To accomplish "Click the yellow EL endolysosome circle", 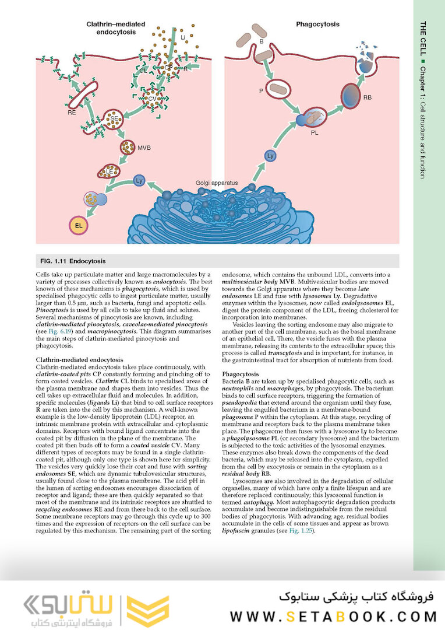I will tap(77, 225).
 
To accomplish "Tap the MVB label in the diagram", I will tap(144, 148).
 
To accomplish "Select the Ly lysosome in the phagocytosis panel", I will tap(270, 156).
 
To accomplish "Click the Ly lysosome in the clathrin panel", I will tap(139, 180).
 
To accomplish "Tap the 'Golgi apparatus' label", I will tap(217, 183).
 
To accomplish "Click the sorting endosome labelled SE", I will tap(115, 118).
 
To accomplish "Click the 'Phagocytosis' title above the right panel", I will tap(317, 24).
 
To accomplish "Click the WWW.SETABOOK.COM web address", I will tap(333, 616).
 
